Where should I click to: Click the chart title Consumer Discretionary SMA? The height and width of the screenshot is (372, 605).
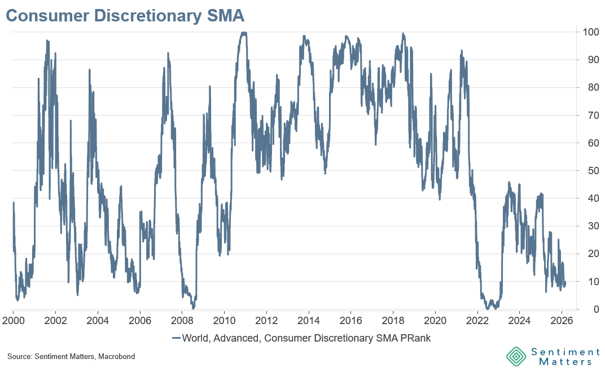[x=125, y=15]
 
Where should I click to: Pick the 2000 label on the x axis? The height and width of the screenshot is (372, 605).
[x=14, y=320]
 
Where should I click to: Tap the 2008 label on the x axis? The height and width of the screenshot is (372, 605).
[x=182, y=320]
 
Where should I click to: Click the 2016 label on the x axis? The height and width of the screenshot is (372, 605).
[x=350, y=320]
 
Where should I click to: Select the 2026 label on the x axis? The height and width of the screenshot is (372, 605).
[x=562, y=320]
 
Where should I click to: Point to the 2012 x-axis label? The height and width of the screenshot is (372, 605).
[x=266, y=320]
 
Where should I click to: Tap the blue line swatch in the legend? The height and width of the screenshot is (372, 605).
[x=176, y=338]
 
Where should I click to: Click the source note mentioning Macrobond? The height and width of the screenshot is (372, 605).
[x=71, y=357]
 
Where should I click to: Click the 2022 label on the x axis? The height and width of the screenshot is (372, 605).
[x=477, y=320]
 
